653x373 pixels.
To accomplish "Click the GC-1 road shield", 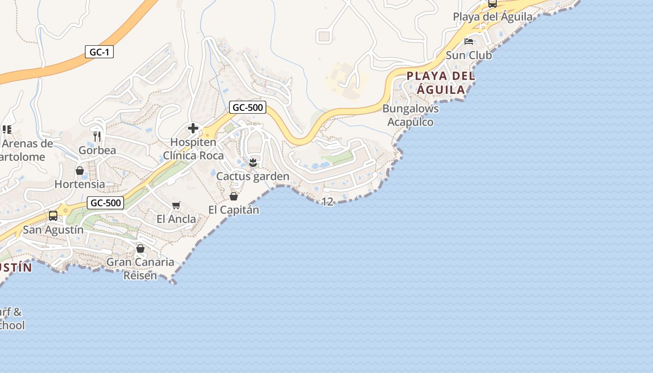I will click(x=99, y=52).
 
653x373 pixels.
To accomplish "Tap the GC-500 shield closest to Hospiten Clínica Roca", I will click(x=248, y=108).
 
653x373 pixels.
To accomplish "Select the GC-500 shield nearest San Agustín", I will click(x=105, y=203).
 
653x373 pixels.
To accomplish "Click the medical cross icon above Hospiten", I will click(x=193, y=128).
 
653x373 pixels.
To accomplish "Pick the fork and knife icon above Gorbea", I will click(x=97, y=136).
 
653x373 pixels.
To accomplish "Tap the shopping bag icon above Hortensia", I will click(x=80, y=171).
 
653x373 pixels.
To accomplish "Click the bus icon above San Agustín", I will click(x=53, y=216).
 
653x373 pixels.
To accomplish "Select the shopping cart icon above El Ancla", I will click(x=176, y=206).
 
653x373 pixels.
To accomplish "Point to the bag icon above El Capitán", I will click(x=234, y=196).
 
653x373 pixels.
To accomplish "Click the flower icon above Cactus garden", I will click(x=253, y=163).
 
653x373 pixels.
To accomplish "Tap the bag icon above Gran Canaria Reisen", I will click(x=140, y=249).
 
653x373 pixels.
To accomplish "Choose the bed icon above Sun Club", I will click(x=469, y=41).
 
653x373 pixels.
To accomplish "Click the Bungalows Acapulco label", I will click(x=410, y=115).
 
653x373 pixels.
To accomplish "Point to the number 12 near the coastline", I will click(x=327, y=201).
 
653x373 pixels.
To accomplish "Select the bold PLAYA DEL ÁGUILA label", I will click(x=441, y=83).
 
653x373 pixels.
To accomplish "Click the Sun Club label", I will click(x=469, y=55).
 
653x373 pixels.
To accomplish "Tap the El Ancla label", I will click(x=176, y=219).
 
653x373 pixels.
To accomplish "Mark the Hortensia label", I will click(x=80, y=184).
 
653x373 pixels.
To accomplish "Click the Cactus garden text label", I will click(x=253, y=177).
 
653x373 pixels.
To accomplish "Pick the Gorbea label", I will click(x=97, y=150).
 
